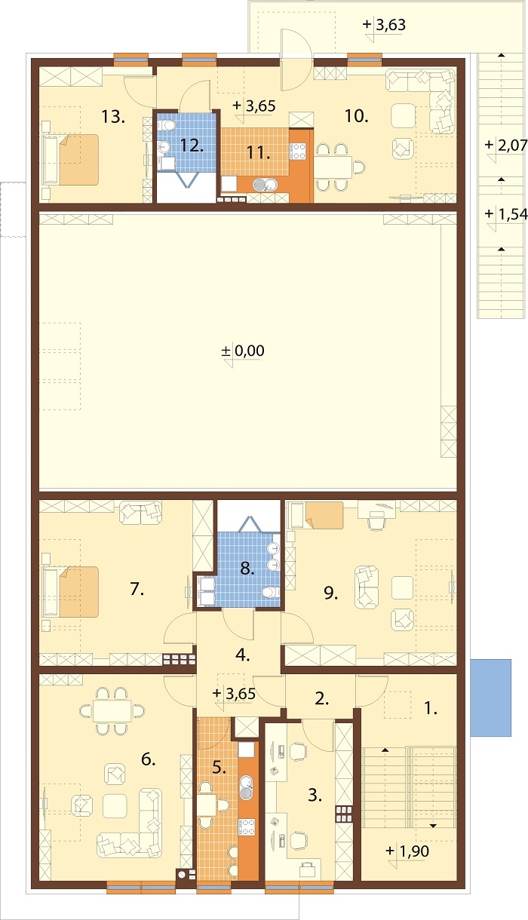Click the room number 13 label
coord(113,117)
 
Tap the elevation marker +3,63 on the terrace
coord(385,25)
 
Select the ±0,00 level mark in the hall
coord(243,351)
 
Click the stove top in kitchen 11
coord(298,151)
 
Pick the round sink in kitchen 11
coord(261,185)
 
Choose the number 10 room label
coord(356,116)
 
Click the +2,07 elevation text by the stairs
coord(506,145)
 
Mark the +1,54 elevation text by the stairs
coord(506,213)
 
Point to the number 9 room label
coord(331,593)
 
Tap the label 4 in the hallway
coord(242,655)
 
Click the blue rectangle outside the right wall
coord(490,698)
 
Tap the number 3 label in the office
coord(315,796)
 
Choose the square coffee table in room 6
coord(115,805)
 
